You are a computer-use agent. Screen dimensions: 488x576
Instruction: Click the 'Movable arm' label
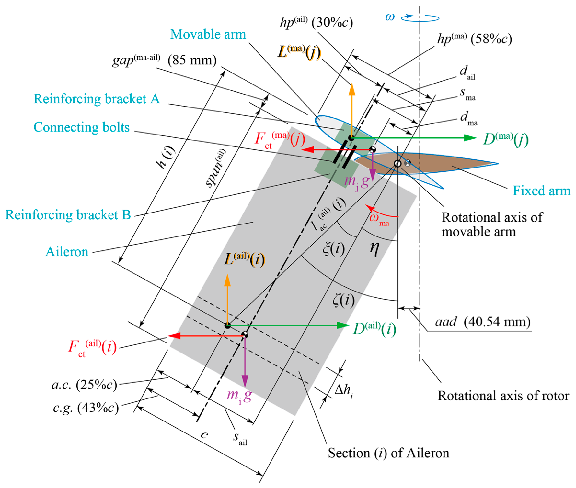point(208,34)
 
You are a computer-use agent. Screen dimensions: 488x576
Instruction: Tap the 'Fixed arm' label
point(541,191)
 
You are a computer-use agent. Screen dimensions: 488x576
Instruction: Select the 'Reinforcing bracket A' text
point(97,99)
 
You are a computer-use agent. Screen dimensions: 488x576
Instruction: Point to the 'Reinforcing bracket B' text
point(68,215)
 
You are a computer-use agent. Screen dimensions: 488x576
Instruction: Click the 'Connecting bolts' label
point(81,127)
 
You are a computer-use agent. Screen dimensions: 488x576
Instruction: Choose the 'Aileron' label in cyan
point(67,252)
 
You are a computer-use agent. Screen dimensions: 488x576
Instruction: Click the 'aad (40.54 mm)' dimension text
point(482,322)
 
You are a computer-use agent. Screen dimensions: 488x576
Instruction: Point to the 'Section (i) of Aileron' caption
point(388,453)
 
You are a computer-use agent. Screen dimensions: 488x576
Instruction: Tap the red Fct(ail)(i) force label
point(92,348)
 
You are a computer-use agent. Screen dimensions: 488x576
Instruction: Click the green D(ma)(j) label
point(506,139)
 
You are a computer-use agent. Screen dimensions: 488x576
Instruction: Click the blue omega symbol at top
point(390,17)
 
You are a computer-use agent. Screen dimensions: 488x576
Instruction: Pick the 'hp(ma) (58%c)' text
point(474,39)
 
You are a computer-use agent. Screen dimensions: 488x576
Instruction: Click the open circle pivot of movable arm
point(397,163)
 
